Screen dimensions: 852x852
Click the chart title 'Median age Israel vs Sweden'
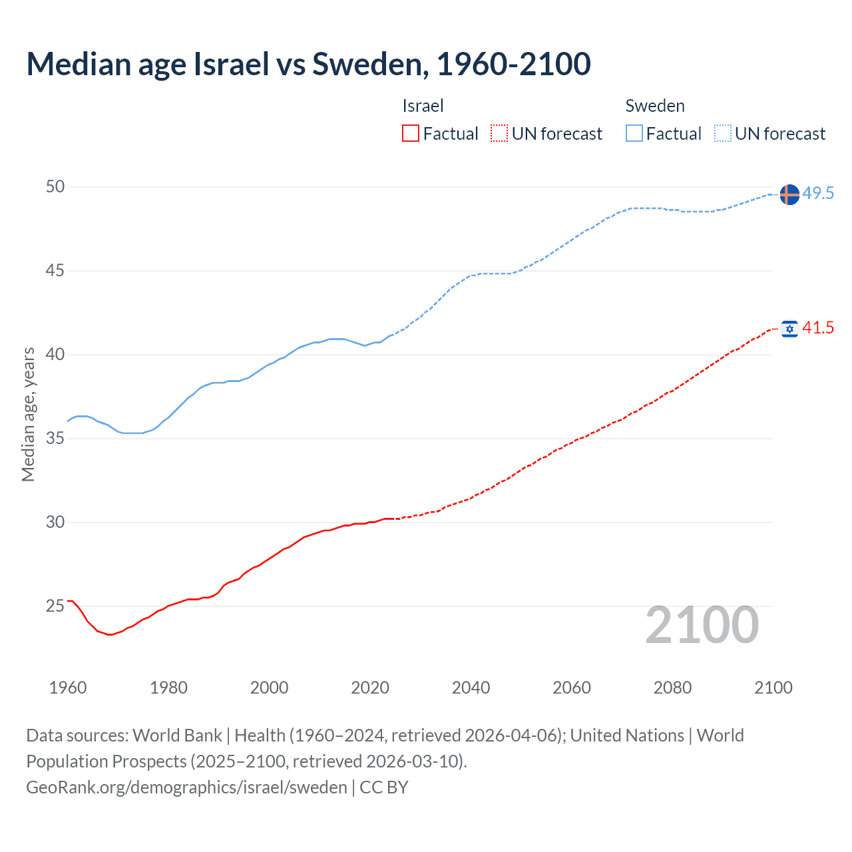click(x=308, y=64)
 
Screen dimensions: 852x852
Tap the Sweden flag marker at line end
click(x=789, y=194)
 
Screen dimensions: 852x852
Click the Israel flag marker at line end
click(x=789, y=328)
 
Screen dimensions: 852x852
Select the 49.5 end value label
click(x=818, y=194)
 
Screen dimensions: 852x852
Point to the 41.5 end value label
click(x=818, y=327)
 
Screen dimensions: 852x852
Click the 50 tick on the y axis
click(x=55, y=187)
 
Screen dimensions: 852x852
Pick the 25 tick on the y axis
click(x=55, y=606)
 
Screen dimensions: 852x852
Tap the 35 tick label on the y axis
click(x=55, y=439)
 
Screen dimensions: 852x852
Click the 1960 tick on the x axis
click(x=68, y=688)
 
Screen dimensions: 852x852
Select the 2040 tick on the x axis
click(x=471, y=688)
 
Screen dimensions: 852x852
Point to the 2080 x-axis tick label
click(x=672, y=688)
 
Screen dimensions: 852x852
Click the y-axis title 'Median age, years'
click(x=28, y=414)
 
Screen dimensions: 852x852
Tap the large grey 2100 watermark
click(x=702, y=625)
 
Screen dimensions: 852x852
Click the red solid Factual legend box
click(x=411, y=134)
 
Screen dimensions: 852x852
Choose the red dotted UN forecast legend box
click(x=499, y=134)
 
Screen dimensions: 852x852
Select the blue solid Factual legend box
click(x=634, y=134)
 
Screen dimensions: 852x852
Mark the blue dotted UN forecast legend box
click(x=722, y=134)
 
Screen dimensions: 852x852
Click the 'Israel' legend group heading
click(x=423, y=106)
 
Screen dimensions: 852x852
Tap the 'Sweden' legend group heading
click(x=655, y=106)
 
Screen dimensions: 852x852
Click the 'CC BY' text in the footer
click(x=384, y=787)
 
